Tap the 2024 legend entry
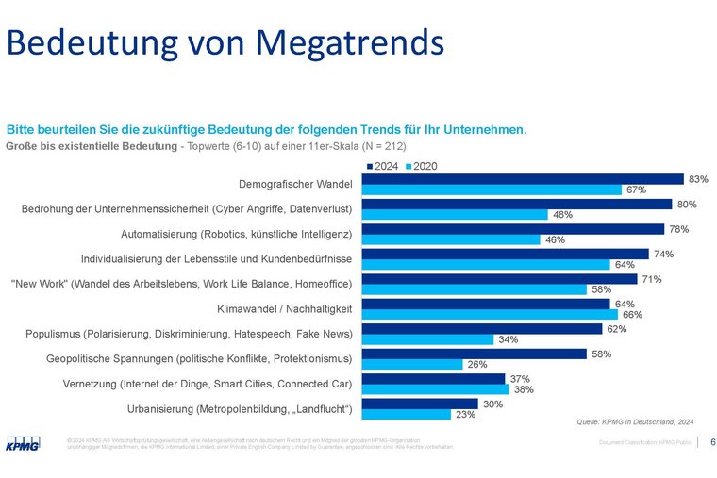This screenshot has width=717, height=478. (x=382, y=166)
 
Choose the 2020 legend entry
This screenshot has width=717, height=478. (x=421, y=166)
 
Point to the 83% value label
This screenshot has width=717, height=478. (x=698, y=178)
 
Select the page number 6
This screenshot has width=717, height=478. (x=712, y=442)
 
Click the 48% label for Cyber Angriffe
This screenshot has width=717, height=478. (x=563, y=214)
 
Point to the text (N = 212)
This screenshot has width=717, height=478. (x=378, y=147)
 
